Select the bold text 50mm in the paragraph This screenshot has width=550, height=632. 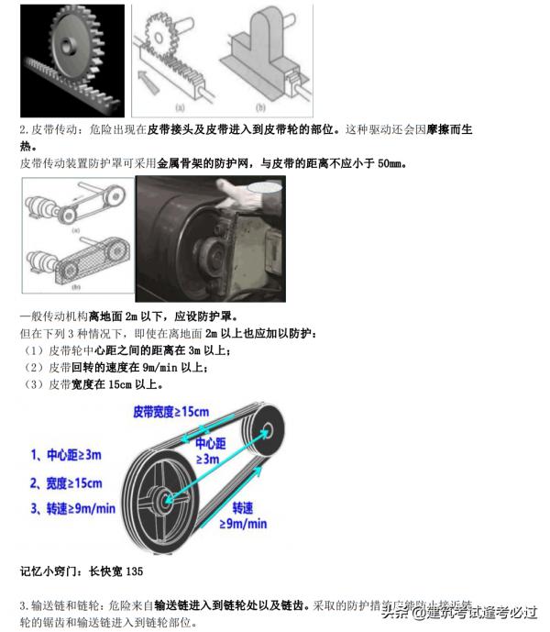(389, 164)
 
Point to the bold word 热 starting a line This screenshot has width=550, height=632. (26, 147)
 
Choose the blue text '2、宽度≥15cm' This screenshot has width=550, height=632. (65, 482)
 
